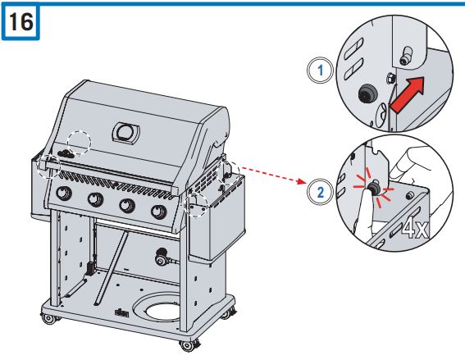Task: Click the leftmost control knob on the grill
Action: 62,194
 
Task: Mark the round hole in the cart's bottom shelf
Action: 161,311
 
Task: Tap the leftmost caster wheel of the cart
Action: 50,318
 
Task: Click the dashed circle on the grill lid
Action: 79,140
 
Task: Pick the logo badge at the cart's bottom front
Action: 124,312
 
